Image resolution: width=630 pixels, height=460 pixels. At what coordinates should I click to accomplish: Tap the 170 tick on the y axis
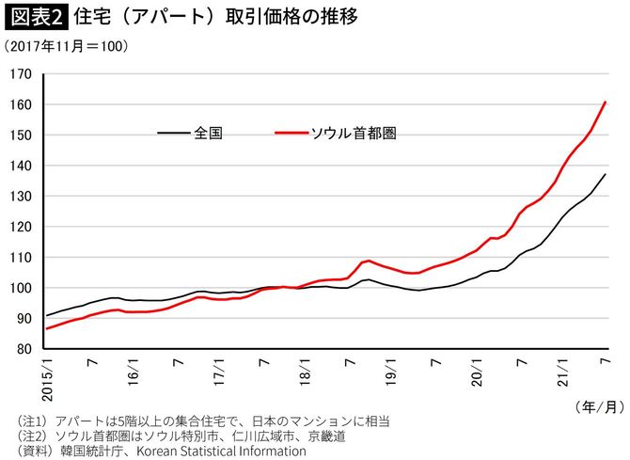[x=22, y=74]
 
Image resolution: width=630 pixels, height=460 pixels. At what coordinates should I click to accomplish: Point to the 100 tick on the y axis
[x=22, y=288]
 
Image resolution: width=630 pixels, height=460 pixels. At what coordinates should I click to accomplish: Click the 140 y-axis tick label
[x=22, y=166]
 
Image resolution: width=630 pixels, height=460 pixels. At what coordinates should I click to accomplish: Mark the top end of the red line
[x=606, y=102]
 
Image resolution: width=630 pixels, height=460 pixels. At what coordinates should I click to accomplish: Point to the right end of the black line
[x=606, y=174]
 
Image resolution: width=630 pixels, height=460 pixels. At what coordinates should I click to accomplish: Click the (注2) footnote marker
[x=24, y=436]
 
